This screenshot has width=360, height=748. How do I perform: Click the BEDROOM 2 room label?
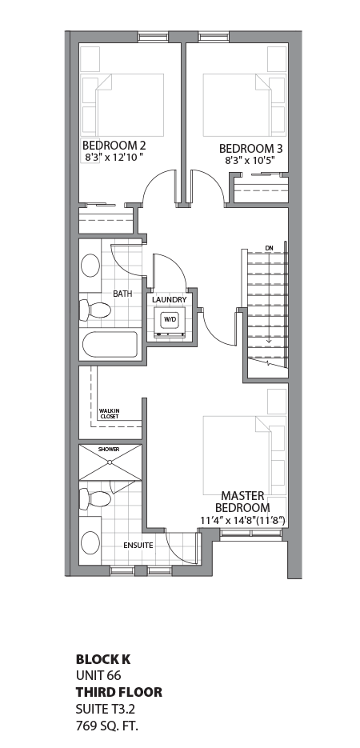pos(114,146)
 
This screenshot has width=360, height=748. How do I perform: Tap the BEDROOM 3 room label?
pos(250,149)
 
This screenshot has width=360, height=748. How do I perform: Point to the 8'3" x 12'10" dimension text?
pos(114,158)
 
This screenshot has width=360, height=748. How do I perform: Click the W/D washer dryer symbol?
pos(170,320)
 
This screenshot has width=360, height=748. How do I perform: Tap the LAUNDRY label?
pos(170,300)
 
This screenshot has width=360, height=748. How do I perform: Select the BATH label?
pos(122,294)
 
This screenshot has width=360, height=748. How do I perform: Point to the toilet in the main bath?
pos(94,309)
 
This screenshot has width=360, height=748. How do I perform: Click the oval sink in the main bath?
pos(90,266)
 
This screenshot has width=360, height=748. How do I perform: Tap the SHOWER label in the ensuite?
pos(109,450)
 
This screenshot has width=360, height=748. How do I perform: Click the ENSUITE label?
pos(138,546)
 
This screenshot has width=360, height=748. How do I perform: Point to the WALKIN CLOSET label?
pos(110,414)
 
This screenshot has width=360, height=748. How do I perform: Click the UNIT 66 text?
pos(98,676)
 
